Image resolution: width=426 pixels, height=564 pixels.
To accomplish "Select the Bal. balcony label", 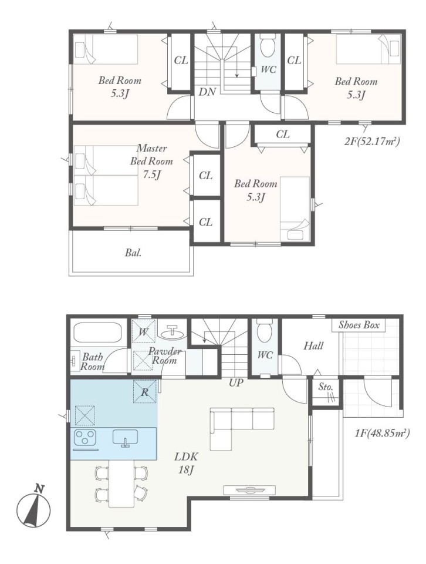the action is click(x=133, y=253).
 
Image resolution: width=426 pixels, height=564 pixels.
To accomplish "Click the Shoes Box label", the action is click(x=359, y=325).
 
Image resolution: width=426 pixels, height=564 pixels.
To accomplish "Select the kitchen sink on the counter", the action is click(x=125, y=437).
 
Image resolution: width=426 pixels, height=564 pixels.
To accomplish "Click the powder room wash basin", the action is click(x=173, y=332).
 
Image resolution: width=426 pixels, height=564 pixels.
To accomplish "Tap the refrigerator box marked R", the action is click(x=145, y=392).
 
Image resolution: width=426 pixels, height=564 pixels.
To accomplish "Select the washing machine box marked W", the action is click(x=143, y=331).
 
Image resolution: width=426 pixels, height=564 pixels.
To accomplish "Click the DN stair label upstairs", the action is click(x=208, y=92).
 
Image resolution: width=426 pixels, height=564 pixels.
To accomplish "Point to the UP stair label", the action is click(x=236, y=382).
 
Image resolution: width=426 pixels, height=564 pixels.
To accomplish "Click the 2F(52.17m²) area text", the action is click(x=372, y=142).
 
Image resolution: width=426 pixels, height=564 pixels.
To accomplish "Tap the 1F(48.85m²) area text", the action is click(x=382, y=433).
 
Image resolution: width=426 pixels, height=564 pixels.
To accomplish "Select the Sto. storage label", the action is click(x=326, y=387).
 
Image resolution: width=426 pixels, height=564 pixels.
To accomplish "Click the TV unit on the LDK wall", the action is click(x=249, y=489).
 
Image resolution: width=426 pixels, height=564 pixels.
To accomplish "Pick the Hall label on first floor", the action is click(x=313, y=346).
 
